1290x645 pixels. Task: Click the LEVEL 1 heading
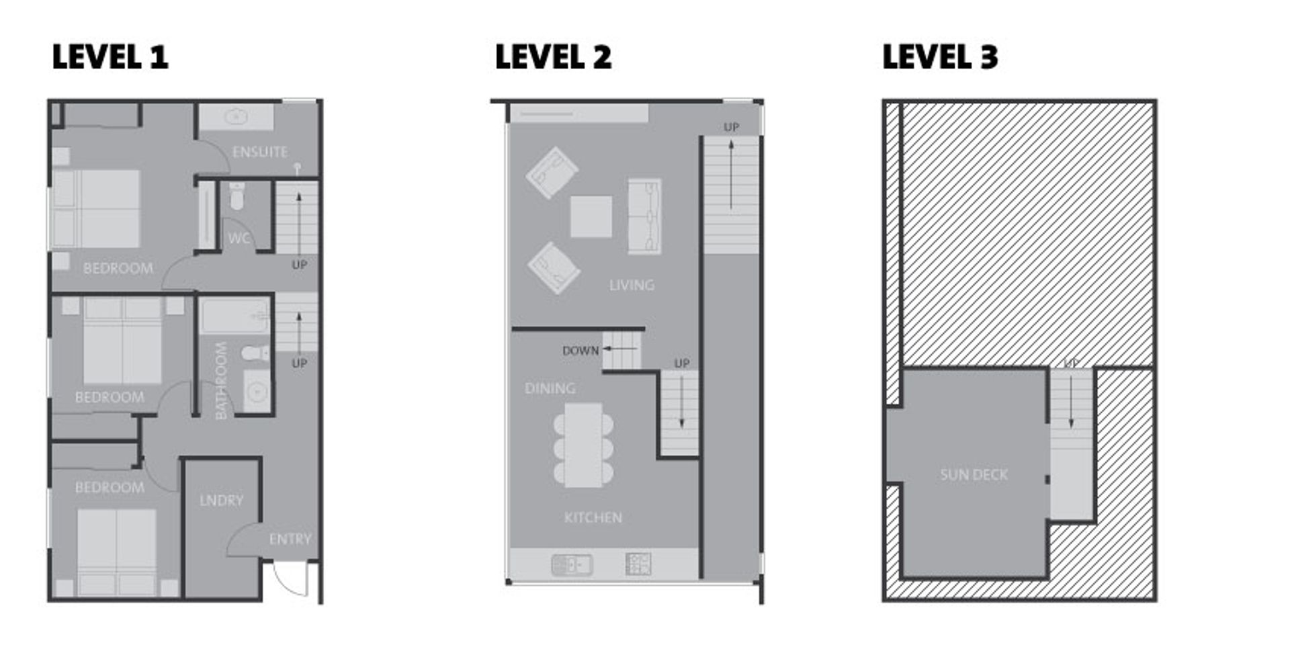pyautogui.click(x=110, y=56)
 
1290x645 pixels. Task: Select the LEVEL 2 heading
pyautogui.click(x=553, y=56)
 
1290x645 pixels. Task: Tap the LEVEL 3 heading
pyautogui.click(x=940, y=56)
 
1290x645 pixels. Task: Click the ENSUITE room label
pyautogui.click(x=260, y=152)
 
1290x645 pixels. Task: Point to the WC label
pyautogui.click(x=239, y=238)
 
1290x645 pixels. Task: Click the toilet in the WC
pyautogui.click(x=237, y=196)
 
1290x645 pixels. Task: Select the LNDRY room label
pyautogui.click(x=221, y=501)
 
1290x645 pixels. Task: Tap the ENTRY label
pyautogui.click(x=290, y=539)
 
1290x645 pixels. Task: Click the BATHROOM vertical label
pyautogui.click(x=221, y=381)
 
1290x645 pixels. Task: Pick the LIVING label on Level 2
pyautogui.click(x=632, y=286)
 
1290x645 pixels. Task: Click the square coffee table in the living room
pyautogui.click(x=591, y=216)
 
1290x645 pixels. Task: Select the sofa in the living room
pyautogui.click(x=644, y=216)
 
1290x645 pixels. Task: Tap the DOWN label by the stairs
pyautogui.click(x=580, y=350)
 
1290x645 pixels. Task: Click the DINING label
pyautogui.click(x=550, y=388)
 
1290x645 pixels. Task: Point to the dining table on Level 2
pyautogui.click(x=583, y=445)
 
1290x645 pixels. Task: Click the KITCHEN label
pyautogui.click(x=593, y=517)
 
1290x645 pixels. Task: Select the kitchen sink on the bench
pyautogui.click(x=572, y=564)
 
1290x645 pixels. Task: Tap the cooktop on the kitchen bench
pyautogui.click(x=638, y=564)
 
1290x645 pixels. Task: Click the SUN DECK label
pyautogui.click(x=974, y=475)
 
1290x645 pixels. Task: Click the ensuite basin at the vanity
pyautogui.click(x=236, y=118)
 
